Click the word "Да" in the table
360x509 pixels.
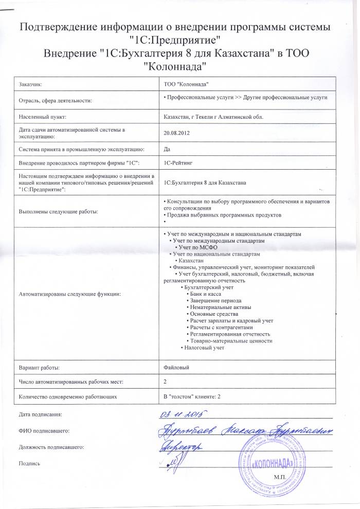point(166,149)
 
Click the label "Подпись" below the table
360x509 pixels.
point(28,463)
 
